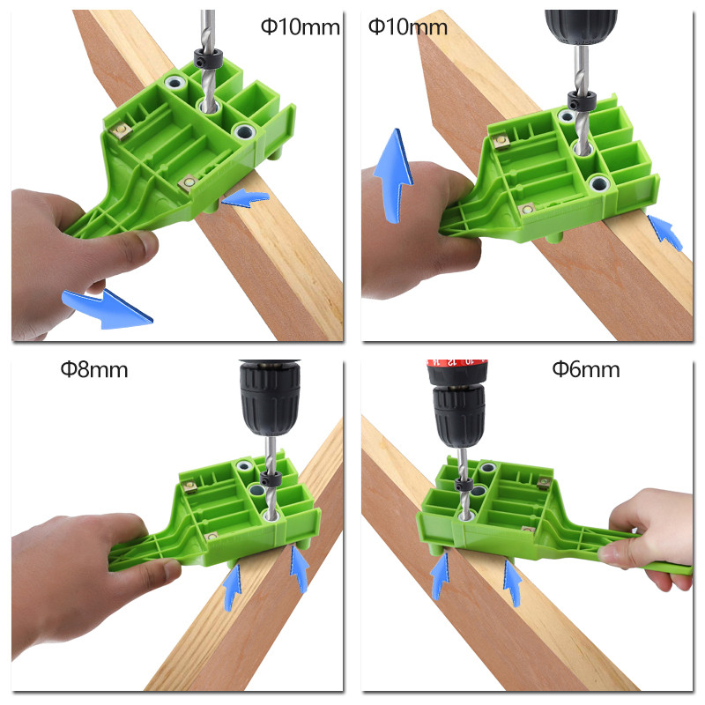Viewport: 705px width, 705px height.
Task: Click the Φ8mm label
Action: tap(94, 369)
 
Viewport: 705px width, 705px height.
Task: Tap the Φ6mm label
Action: tap(586, 369)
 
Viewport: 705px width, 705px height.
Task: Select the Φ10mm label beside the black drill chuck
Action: tap(408, 27)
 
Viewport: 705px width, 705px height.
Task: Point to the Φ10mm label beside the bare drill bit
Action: tap(301, 27)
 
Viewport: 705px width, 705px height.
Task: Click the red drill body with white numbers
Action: tap(456, 371)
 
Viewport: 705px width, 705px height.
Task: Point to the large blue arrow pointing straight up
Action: tap(393, 175)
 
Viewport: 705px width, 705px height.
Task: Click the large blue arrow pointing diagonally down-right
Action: tap(108, 308)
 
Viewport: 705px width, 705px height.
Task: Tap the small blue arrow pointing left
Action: tap(246, 197)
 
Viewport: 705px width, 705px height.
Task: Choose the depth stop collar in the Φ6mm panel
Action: tap(464, 485)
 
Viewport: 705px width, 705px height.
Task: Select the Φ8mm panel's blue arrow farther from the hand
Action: tap(299, 568)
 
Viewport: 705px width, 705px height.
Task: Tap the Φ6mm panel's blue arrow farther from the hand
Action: tap(440, 575)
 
